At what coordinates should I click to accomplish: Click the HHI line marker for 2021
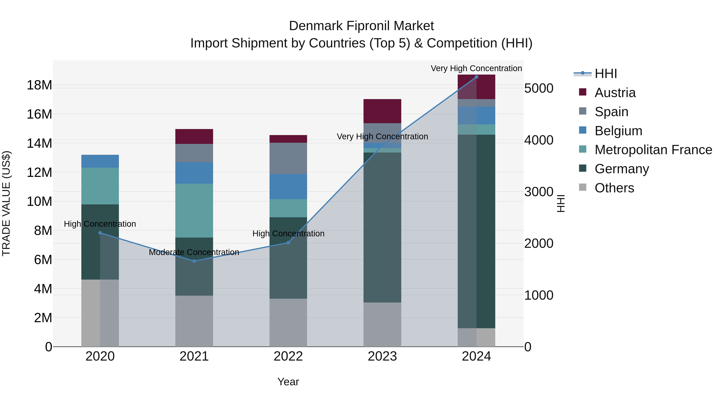click(194, 261)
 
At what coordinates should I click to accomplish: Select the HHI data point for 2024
click(476, 77)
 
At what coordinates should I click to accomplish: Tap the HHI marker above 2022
click(288, 242)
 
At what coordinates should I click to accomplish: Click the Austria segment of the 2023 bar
click(382, 111)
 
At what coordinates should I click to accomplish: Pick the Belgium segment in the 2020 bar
click(100, 161)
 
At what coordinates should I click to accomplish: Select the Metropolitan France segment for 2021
click(194, 210)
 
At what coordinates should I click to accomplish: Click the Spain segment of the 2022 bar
click(288, 158)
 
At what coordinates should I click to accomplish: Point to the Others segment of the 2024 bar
click(476, 337)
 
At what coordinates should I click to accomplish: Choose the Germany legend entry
click(621, 169)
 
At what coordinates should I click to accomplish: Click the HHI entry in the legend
click(606, 74)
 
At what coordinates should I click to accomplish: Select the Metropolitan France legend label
click(653, 150)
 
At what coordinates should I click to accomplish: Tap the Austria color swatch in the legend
click(583, 92)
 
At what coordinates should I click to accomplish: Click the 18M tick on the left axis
click(39, 85)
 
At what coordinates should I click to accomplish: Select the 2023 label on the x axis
click(382, 356)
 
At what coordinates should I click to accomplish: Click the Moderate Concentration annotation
click(194, 252)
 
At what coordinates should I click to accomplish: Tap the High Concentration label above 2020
click(100, 224)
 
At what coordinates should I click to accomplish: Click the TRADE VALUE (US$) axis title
click(6, 203)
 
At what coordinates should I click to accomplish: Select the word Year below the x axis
click(288, 382)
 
